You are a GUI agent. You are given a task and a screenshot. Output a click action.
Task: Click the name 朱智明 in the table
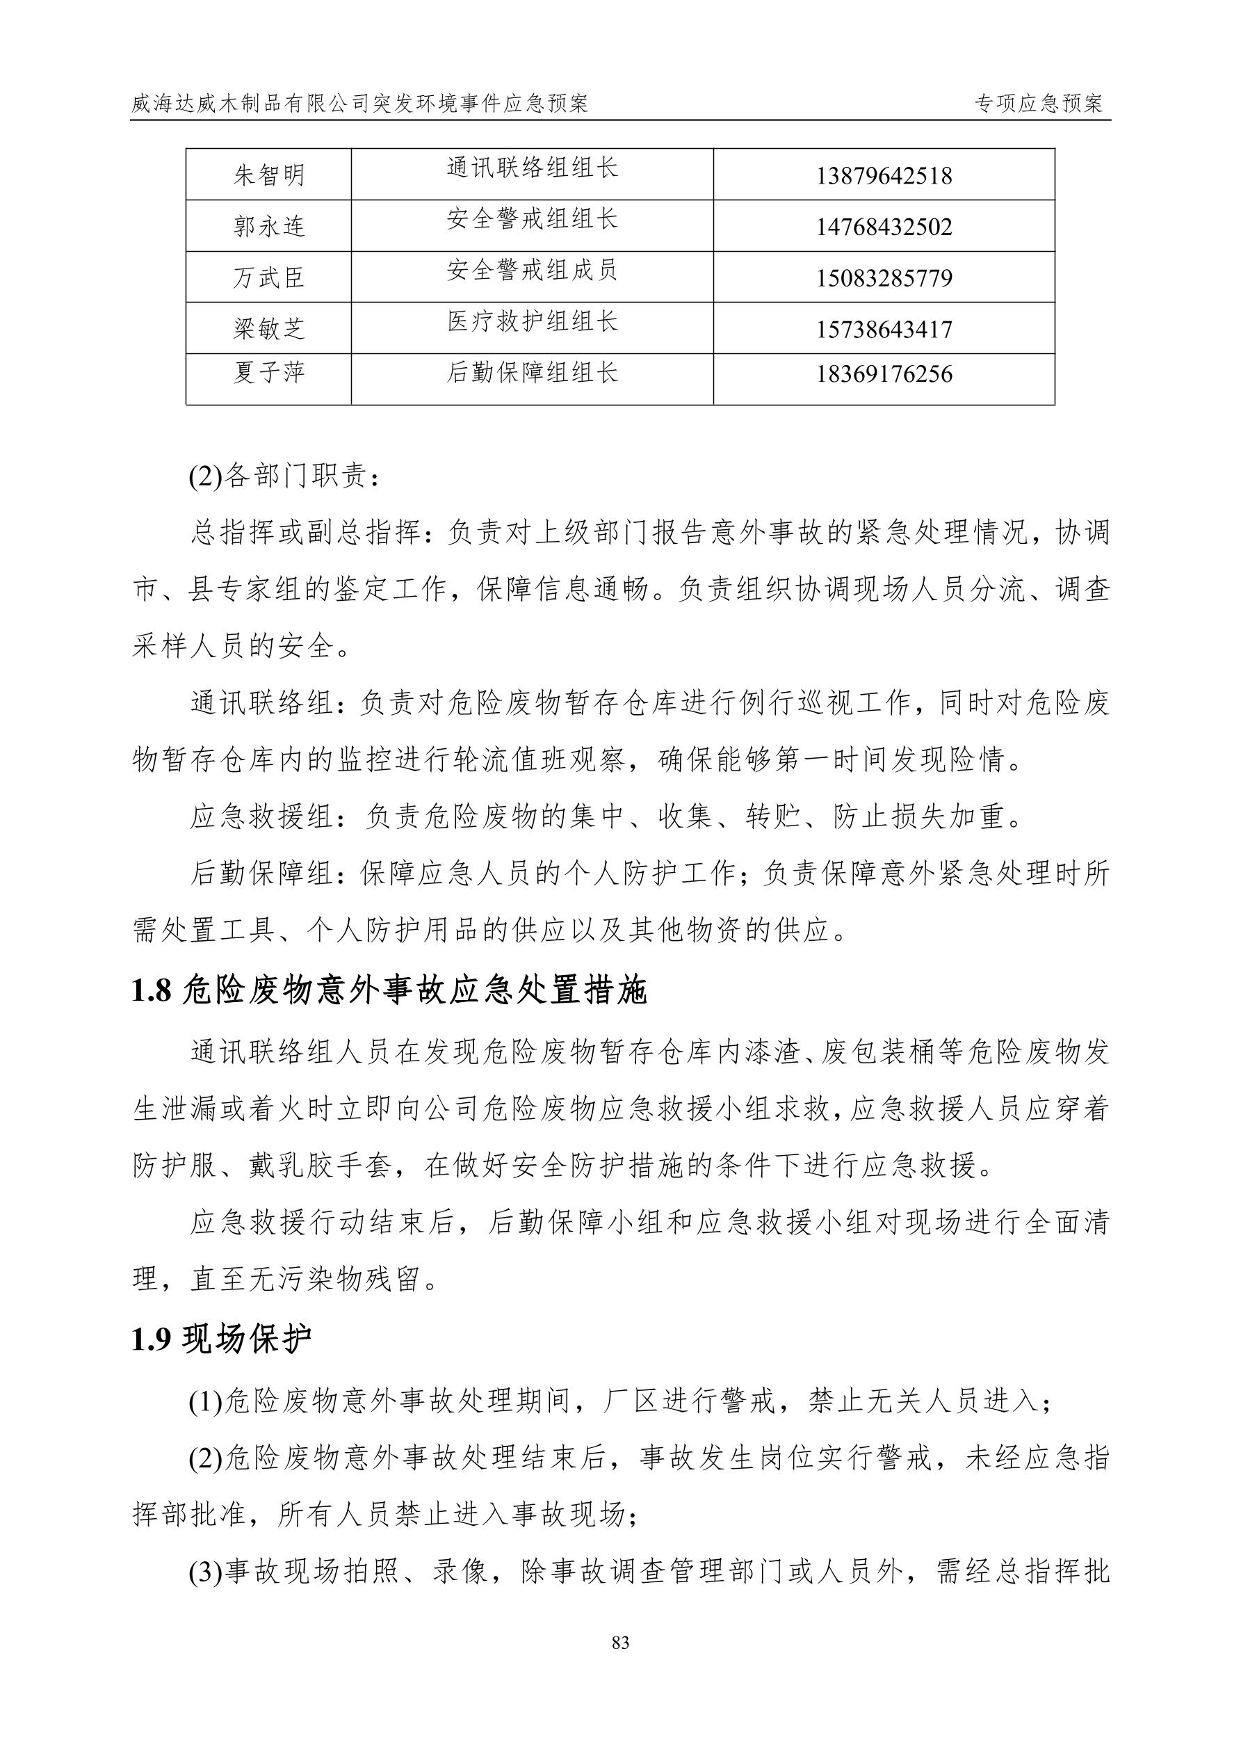pos(268,175)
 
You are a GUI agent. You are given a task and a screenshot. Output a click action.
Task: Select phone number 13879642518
pos(884,176)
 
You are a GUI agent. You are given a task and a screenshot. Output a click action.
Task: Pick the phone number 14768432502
pos(884,227)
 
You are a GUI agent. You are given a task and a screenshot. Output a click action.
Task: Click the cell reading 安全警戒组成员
pos(532,270)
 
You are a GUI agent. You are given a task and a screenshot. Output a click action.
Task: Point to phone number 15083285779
pos(884,277)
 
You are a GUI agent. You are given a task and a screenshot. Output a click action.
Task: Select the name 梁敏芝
pos(268,329)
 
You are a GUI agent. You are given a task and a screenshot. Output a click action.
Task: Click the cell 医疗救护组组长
pos(532,321)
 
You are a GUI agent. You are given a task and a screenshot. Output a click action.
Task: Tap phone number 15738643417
pos(884,330)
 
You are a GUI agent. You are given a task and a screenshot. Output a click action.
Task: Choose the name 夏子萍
pos(268,373)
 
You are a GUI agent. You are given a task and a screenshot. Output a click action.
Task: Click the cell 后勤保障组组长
pos(532,373)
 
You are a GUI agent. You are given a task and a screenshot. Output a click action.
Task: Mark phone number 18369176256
pos(884,374)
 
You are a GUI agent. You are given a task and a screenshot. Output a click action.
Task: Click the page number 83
pos(620,1643)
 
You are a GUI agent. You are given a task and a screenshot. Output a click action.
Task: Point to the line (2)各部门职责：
pos(284,476)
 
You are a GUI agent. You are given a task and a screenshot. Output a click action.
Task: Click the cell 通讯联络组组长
pos(532,168)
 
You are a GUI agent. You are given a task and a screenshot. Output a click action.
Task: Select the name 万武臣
pos(268,277)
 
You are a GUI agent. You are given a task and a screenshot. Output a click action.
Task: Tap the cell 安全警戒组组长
pos(532,220)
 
